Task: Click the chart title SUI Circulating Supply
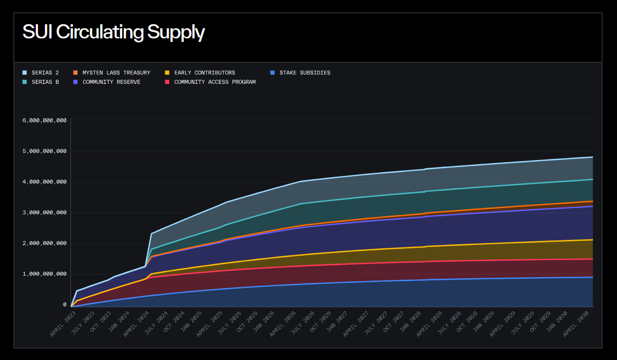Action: (x=114, y=32)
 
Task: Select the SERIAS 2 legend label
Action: (x=45, y=73)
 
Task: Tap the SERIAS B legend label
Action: (x=45, y=82)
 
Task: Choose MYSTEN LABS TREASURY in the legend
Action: (x=116, y=73)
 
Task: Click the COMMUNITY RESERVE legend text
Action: (x=111, y=82)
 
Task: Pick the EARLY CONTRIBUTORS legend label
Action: (x=204, y=73)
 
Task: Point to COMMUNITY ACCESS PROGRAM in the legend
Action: (x=215, y=82)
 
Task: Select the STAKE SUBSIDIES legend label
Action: (x=304, y=73)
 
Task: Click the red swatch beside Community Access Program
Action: (x=167, y=82)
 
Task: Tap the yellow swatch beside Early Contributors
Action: (x=167, y=73)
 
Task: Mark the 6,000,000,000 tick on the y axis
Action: (x=44, y=120)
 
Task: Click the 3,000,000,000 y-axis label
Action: (x=44, y=213)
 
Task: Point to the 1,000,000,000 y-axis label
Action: (x=44, y=274)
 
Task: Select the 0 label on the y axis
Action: (x=65, y=304)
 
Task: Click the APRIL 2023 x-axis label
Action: (x=64, y=324)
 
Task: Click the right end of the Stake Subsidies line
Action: (x=592, y=277)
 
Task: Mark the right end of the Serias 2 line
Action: (x=592, y=157)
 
